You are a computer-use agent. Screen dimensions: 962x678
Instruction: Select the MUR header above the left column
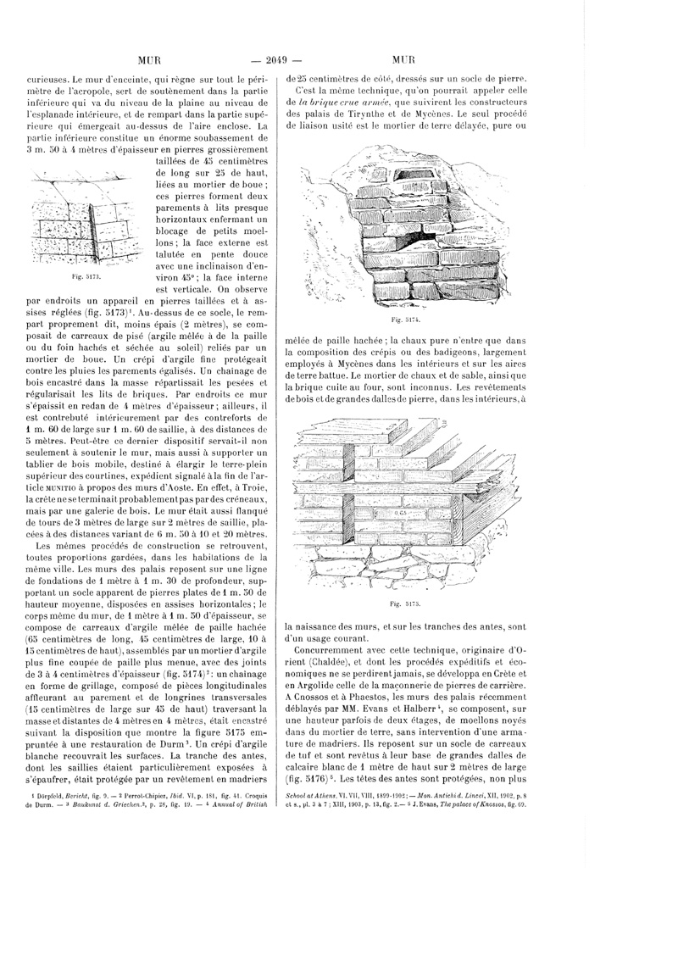point(149,59)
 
